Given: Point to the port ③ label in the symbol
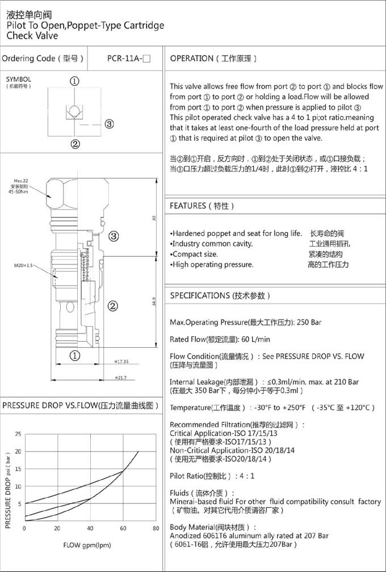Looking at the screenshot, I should click(109, 124).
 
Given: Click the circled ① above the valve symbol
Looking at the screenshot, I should click(75, 81).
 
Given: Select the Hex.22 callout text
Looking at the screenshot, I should click(22, 181).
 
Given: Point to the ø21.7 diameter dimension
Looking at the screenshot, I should click(120, 377).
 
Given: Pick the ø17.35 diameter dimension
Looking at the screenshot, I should click(121, 361).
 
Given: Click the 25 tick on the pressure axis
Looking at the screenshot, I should click(18, 434).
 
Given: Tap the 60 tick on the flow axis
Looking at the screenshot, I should click(123, 528).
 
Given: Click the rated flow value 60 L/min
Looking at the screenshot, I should click(255, 339).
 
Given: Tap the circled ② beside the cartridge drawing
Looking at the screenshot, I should click(112, 306).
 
